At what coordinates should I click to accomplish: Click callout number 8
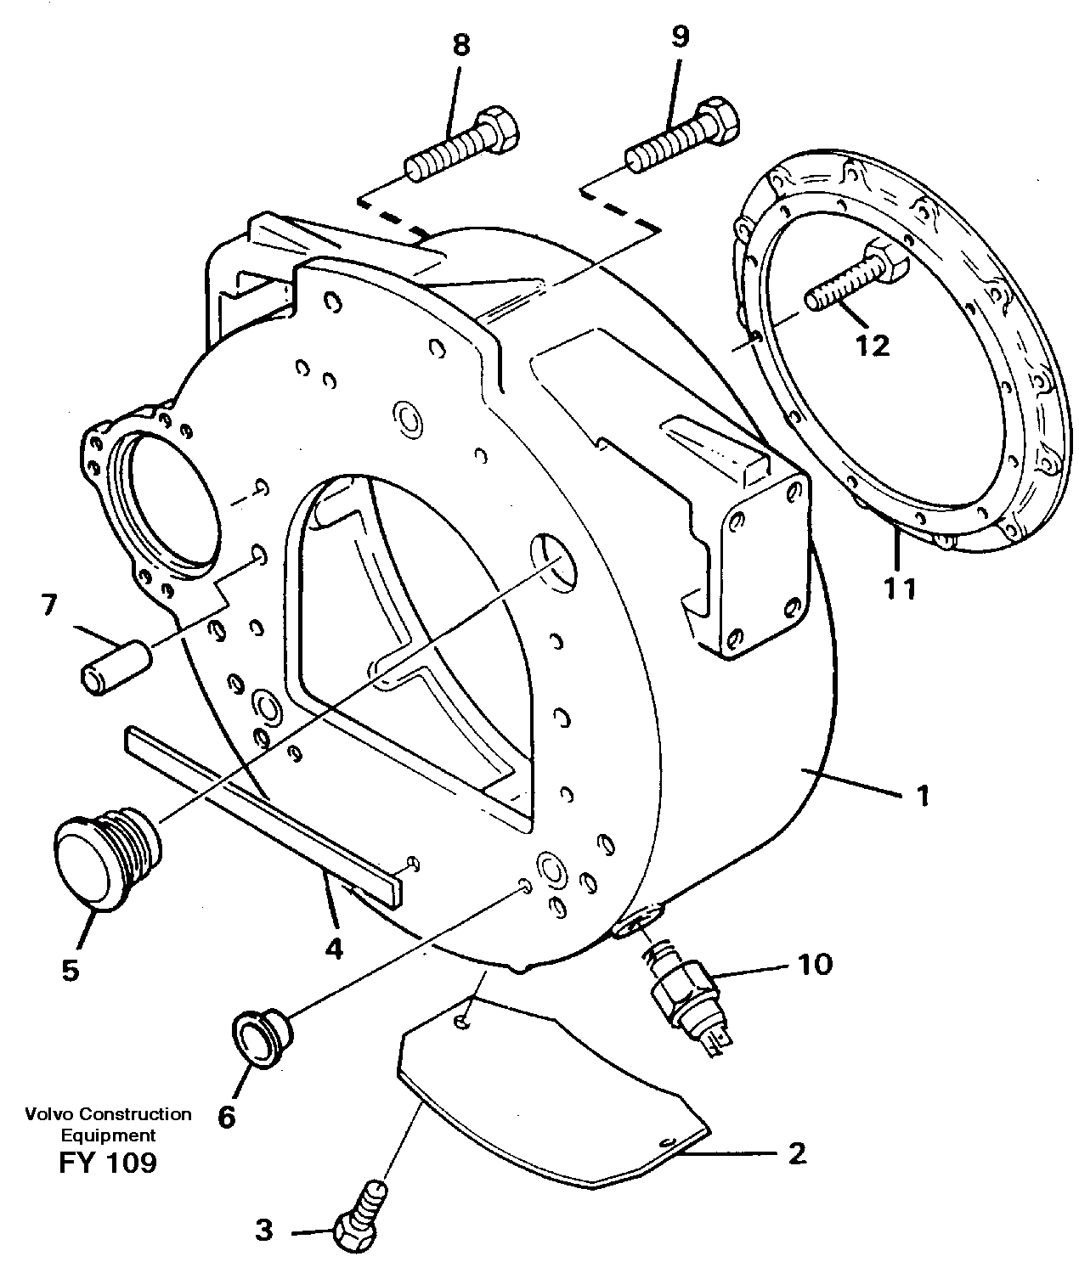pos(460,46)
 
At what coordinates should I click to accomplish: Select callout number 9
pos(680,37)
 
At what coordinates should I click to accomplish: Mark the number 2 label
pos(796,1154)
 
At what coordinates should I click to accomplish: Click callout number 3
pos(265,1230)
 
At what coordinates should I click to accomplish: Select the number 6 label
pos(226,1116)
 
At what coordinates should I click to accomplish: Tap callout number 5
pos(70,969)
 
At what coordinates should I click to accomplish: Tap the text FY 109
pos(108,1163)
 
